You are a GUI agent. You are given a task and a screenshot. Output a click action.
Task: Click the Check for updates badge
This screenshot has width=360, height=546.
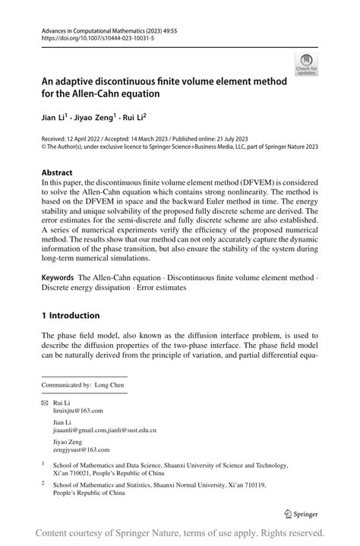click(x=307, y=65)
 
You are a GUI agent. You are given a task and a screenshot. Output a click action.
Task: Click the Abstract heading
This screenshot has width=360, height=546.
click(x=57, y=172)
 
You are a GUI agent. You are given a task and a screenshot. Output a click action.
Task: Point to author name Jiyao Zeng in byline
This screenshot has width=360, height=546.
click(x=96, y=117)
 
